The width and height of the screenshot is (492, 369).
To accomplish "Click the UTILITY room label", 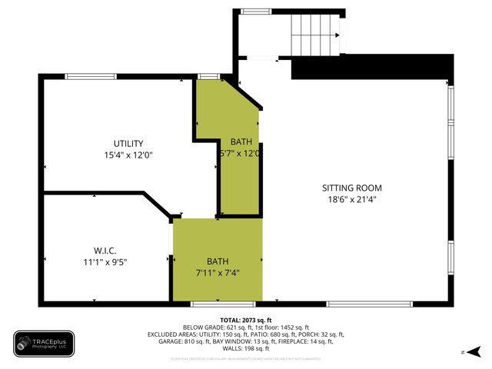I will (128, 144).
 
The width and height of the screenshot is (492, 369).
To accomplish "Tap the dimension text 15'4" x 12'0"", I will (128, 155).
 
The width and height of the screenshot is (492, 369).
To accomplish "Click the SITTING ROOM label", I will (351, 188).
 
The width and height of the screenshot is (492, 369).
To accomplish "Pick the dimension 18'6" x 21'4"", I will (351, 199).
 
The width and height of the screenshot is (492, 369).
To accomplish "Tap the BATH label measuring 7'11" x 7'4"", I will (218, 261).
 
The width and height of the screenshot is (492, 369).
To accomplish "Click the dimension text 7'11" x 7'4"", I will (218, 273).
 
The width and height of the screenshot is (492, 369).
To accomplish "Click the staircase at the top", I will (314, 34).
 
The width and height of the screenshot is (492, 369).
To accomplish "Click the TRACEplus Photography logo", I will (43, 344).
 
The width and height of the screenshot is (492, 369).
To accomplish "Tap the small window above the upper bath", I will (208, 75).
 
